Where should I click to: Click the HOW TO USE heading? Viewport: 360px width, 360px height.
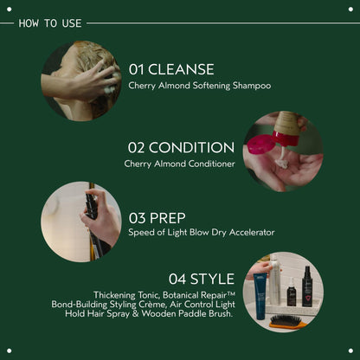[50, 22]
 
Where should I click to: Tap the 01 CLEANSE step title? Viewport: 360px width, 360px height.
[171, 69]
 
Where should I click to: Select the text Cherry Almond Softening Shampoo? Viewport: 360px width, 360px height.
[200, 86]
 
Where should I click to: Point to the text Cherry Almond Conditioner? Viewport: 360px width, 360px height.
[179, 164]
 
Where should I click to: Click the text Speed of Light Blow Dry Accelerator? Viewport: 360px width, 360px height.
[202, 232]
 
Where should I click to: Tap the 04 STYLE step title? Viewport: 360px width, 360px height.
[201, 279]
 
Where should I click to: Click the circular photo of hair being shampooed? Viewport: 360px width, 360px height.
[81, 80]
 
